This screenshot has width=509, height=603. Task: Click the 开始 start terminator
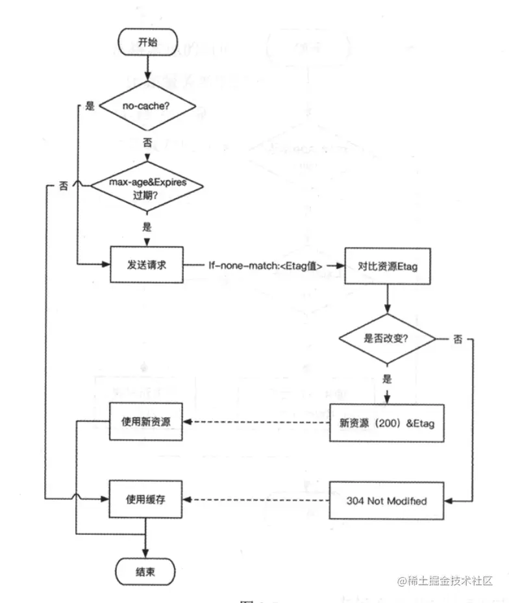(148, 43)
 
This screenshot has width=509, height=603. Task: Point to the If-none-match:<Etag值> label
(265, 265)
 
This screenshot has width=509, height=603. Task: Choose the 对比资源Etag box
(387, 265)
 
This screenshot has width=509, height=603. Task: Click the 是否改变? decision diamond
(387, 339)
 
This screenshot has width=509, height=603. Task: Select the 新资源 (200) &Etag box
(387, 422)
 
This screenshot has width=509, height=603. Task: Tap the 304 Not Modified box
(387, 500)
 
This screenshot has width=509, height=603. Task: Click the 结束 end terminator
(145, 571)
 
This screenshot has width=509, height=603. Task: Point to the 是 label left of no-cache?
(90, 106)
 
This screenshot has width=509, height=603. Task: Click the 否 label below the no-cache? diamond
(148, 142)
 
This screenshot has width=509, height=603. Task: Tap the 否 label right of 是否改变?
(458, 339)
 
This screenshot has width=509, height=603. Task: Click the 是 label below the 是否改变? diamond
(388, 378)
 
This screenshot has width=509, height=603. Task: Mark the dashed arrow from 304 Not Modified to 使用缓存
(256, 500)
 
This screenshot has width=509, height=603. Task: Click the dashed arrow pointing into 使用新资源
(256, 422)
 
